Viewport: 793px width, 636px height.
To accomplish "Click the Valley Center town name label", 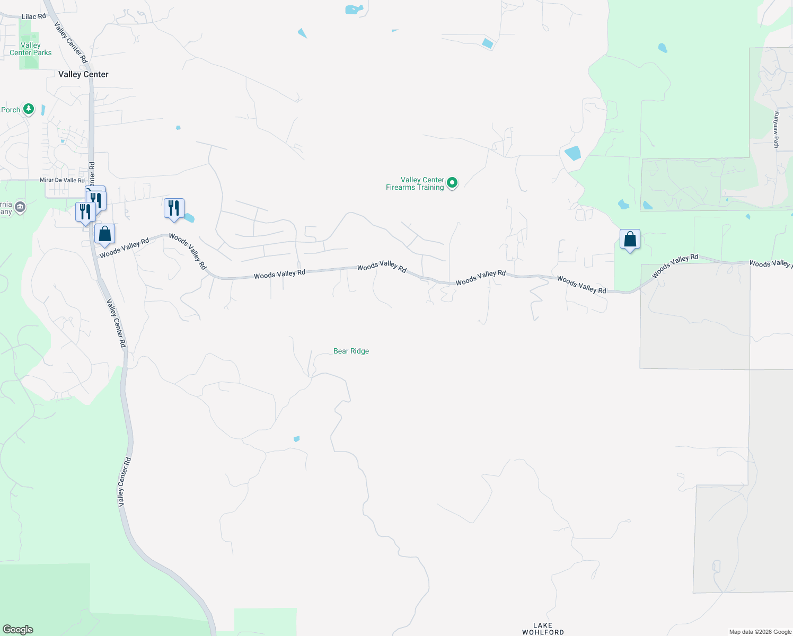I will point(83,74).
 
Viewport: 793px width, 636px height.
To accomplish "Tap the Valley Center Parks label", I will point(31,49).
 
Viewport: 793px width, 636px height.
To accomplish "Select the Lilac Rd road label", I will point(34,16).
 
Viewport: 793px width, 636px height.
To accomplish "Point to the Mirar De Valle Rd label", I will point(62,180).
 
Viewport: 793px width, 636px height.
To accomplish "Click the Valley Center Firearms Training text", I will point(415,183).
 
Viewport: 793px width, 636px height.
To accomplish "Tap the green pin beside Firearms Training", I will point(452,183).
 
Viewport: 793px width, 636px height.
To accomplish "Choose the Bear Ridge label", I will point(351,351).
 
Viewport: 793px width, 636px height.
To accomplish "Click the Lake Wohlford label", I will point(543,629).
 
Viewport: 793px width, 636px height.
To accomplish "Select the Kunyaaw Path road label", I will point(776,130).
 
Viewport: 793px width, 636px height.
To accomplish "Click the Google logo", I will point(18,630).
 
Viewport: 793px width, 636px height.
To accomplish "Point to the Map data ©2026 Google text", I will point(760,632).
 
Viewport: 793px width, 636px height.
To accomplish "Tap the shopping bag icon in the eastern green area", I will point(630,240).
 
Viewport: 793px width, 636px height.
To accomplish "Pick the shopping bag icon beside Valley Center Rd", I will point(104,234).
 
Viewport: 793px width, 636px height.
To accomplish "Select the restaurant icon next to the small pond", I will point(174,208).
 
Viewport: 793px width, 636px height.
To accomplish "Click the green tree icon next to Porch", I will point(29,109).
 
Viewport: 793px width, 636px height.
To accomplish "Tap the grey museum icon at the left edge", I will point(20,207).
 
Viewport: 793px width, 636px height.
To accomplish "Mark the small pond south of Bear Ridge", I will point(296,439).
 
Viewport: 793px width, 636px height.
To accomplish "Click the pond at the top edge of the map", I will point(354,10).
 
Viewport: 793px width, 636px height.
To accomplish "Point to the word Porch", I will point(11,110).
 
